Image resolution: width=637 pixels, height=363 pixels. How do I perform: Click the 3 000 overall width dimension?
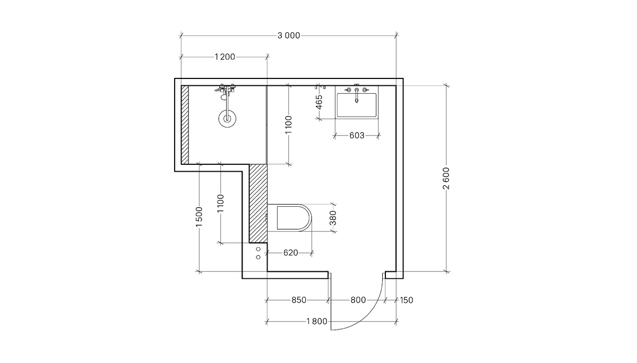(x=289, y=36)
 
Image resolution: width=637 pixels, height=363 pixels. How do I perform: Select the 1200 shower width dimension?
(x=225, y=57)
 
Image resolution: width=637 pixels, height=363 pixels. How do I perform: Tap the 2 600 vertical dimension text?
(x=446, y=178)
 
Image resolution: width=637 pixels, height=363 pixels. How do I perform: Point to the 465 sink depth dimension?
(x=319, y=102)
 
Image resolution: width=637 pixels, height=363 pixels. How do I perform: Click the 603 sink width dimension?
(x=357, y=136)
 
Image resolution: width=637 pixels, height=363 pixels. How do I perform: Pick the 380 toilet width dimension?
(x=333, y=218)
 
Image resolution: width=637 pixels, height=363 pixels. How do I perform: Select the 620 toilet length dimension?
(x=291, y=253)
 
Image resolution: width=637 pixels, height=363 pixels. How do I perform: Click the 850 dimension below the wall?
(x=299, y=300)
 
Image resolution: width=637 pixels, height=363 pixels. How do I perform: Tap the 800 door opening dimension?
(x=358, y=300)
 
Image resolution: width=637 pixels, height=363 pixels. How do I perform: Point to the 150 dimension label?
(x=407, y=300)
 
